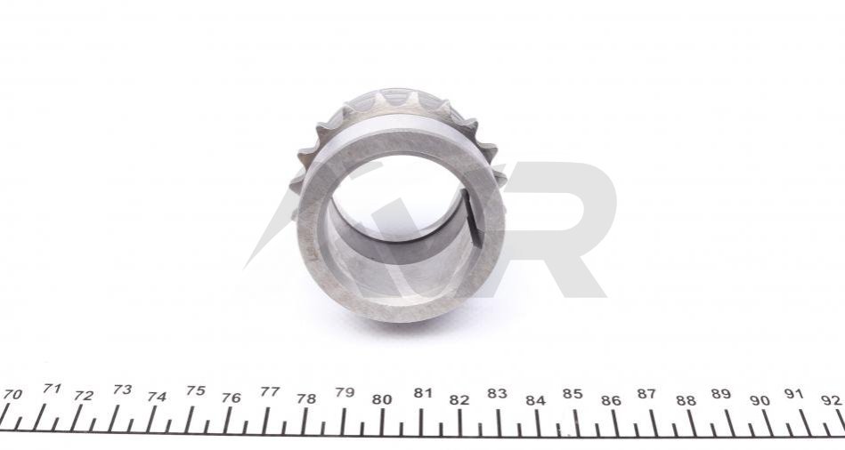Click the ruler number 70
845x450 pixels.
pyautogui.click(x=12, y=395)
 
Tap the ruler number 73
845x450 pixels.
pyautogui.click(x=123, y=390)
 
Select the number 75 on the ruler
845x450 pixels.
pyautogui.click(x=196, y=390)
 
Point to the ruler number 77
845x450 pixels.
pyautogui.click(x=270, y=392)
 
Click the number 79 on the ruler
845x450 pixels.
pyautogui.click(x=345, y=392)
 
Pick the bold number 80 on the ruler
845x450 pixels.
pyautogui.click(x=382, y=399)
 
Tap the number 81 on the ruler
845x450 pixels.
pyautogui.click(x=423, y=393)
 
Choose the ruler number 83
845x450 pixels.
pyautogui.click(x=498, y=393)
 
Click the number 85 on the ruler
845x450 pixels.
pyautogui.click(x=573, y=394)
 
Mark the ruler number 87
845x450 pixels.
pyautogui.click(x=646, y=394)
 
